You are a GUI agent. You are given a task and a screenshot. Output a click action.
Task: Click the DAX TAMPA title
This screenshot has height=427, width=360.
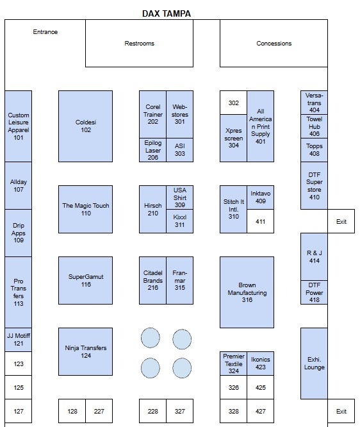[167, 13]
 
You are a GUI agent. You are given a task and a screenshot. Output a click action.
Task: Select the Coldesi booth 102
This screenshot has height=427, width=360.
[85, 126]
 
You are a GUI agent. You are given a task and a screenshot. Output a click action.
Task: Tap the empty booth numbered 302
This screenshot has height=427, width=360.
[233, 103]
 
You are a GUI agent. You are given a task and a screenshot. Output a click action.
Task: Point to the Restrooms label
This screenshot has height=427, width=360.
[139, 44]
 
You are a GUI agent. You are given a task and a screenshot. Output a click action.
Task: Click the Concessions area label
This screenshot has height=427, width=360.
[274, 44]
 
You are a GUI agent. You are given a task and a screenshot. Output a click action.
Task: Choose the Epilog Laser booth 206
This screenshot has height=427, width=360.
[152, 150]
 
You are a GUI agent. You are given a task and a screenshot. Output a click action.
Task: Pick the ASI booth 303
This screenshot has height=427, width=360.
[179, 150]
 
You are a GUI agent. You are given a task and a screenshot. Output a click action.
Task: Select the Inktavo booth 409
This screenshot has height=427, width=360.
[261, 197]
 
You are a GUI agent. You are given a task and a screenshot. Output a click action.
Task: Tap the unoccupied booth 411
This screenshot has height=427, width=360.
[261, 221]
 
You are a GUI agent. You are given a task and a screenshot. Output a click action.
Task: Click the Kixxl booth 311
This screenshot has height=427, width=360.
[179, 221]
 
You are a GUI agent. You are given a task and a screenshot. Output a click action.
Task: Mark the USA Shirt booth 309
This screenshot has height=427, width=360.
[179, 197]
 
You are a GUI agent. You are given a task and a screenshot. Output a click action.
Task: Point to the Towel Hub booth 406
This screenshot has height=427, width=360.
[314, 126]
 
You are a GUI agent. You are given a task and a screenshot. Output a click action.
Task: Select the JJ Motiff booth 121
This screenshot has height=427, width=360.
[18, 340]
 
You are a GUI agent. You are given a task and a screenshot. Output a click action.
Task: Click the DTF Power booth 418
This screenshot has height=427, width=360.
[314, 292]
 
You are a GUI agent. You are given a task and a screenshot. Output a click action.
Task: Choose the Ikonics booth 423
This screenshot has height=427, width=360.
[261, 364]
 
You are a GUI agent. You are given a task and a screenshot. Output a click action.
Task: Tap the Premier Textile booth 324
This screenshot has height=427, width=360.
[233, 364]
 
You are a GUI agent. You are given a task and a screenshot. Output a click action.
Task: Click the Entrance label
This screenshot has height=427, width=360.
[45, 32]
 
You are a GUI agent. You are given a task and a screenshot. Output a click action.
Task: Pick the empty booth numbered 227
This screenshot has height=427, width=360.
[99, 411]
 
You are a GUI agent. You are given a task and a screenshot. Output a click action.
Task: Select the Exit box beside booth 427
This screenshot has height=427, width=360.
[341, 411]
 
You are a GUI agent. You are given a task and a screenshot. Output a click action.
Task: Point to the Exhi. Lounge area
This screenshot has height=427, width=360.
[314, 364]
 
